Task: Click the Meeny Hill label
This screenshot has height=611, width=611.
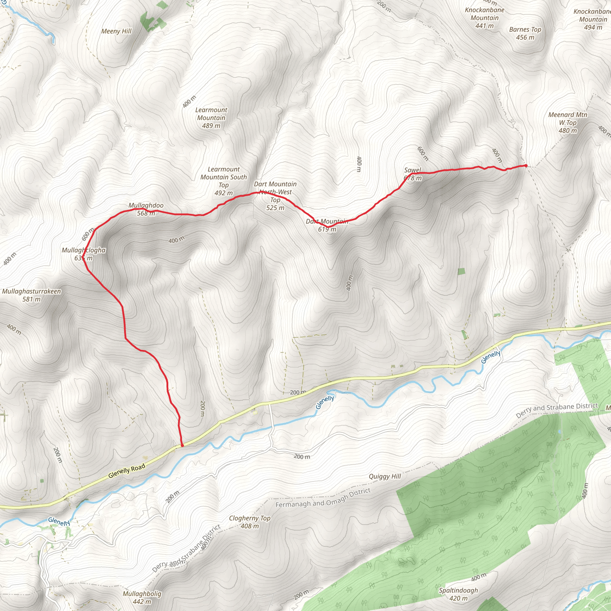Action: [x=116, y=31]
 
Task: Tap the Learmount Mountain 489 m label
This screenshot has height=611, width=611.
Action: [x=211, y=118]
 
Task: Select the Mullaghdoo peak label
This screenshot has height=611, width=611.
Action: [x=146, y=209]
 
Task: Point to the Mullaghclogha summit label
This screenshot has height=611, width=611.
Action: [x=84, y=254]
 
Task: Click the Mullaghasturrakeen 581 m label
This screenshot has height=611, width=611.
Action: [x=31, y=295]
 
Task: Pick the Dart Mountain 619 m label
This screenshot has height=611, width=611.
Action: [x=327, y=225]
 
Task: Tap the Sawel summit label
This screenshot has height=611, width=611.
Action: [x=413, y=174]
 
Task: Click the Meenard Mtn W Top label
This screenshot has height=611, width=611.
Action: [x=568, y=122]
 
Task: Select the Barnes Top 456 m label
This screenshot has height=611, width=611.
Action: [x=525, y=33]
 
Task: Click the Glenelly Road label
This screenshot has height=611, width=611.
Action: [x=126, y=470]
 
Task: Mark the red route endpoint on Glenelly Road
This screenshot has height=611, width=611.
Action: [x=182, y=446]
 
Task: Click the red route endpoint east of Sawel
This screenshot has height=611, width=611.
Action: [x=526, y=165]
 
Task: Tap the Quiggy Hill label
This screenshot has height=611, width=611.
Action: [x=385, y=476]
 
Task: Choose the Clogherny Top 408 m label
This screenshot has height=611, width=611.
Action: [x=249, y=522]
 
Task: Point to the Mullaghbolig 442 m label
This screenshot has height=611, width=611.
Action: [x=142, y=597]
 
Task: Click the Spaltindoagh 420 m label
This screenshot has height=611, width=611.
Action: [x=458, y=594]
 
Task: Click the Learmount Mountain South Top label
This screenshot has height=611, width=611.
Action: [x=223, y=181]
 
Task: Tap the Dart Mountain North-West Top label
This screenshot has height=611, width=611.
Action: [x=275, y=196]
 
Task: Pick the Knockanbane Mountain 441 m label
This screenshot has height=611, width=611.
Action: [x=484, y=18]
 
